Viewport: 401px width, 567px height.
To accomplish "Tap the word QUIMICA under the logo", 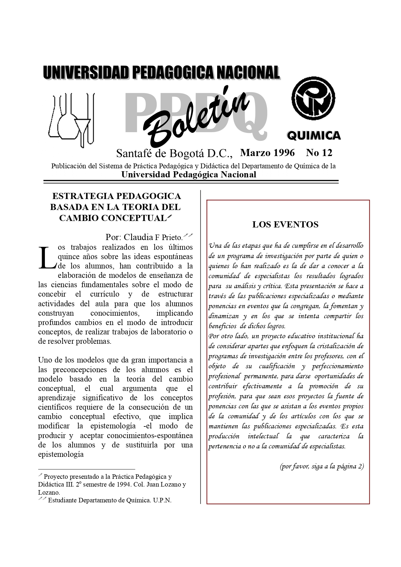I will coord(313,136).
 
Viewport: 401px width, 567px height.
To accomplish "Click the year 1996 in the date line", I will coord(284,152).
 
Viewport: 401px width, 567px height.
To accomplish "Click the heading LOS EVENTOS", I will coord(285,225).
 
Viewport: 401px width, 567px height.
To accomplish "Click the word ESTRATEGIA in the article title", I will coord(82,196).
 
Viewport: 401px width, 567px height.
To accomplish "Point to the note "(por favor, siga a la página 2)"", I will coord(322,467).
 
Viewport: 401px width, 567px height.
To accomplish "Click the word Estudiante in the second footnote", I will coord(62,500).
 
